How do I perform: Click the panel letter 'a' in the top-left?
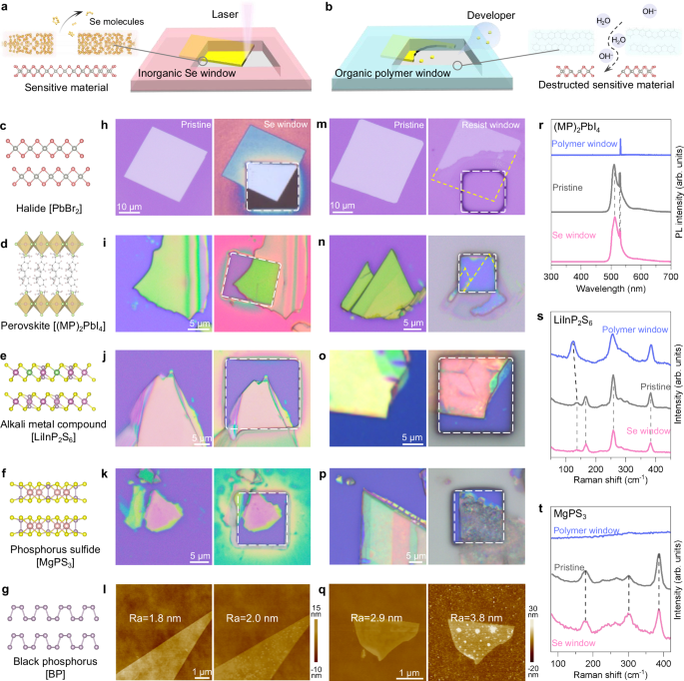pos(7,8)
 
